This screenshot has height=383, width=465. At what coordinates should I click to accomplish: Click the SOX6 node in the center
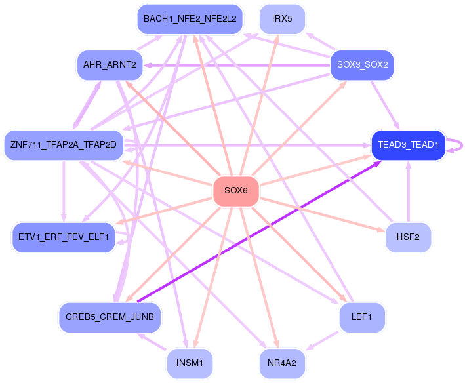236,191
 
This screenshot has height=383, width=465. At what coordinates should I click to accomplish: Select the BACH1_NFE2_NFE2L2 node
190,19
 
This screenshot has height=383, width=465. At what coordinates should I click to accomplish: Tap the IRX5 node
282,19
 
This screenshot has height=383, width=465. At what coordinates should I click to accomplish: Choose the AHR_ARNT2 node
110,65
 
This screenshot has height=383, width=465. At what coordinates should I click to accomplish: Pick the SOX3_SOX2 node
363,65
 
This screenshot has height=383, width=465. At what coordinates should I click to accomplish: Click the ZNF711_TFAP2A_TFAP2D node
64,145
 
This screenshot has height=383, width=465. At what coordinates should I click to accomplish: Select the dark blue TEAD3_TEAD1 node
409,145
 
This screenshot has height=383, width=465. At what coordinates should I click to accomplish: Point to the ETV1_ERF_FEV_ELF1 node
64,237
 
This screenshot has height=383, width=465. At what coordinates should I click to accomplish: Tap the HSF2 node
408,237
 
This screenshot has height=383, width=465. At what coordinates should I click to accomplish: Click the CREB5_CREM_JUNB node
110,317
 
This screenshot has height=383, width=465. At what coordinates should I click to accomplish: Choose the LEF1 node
362,317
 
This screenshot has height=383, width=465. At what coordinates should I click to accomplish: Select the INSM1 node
190,363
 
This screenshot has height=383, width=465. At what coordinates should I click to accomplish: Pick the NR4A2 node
282,363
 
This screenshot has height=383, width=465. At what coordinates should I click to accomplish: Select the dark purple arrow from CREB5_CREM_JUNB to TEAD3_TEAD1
259,232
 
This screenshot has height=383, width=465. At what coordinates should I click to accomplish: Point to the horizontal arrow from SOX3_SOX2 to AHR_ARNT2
237,65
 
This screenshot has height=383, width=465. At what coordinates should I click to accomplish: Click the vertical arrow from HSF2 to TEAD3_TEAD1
409,191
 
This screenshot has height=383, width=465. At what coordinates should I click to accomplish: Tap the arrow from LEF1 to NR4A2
322,341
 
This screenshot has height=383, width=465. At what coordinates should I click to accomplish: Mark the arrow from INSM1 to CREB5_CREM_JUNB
152,342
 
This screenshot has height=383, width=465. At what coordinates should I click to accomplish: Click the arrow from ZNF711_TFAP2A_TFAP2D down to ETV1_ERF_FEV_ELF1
64,191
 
